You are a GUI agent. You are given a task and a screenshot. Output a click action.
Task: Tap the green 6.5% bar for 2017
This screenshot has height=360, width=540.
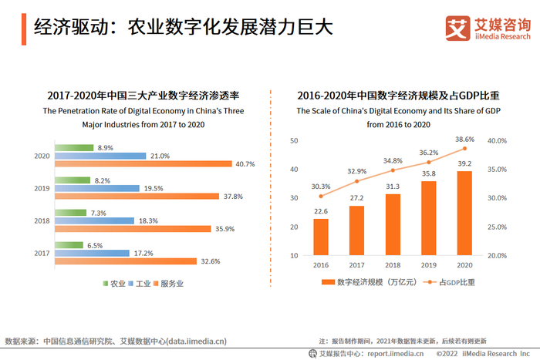70,244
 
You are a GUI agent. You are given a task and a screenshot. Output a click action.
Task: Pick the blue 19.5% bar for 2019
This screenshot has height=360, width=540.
98,187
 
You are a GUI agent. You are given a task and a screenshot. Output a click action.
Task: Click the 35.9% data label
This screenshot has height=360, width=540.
224,228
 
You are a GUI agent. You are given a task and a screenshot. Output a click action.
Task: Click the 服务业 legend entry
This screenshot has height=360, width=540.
172,283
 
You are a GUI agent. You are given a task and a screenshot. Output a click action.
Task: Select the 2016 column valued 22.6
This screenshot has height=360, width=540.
320,237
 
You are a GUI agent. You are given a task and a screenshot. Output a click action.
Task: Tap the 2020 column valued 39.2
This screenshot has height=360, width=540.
465,213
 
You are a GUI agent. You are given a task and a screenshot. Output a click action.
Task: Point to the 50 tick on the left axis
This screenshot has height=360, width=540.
294,141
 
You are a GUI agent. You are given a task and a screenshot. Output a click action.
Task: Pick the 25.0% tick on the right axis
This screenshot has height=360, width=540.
497,227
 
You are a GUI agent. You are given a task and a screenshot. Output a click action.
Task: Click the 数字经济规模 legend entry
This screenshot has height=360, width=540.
363,282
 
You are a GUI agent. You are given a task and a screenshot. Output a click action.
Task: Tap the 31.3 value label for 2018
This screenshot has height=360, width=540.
393,186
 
